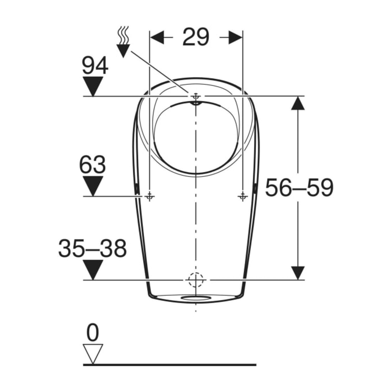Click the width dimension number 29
click(x=196, y=37)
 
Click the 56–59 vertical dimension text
click(x=299, y=187)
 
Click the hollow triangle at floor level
click(x=93, y=354)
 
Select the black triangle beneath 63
click(x=93, y=186)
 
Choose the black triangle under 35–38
click(x=93, y=270)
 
